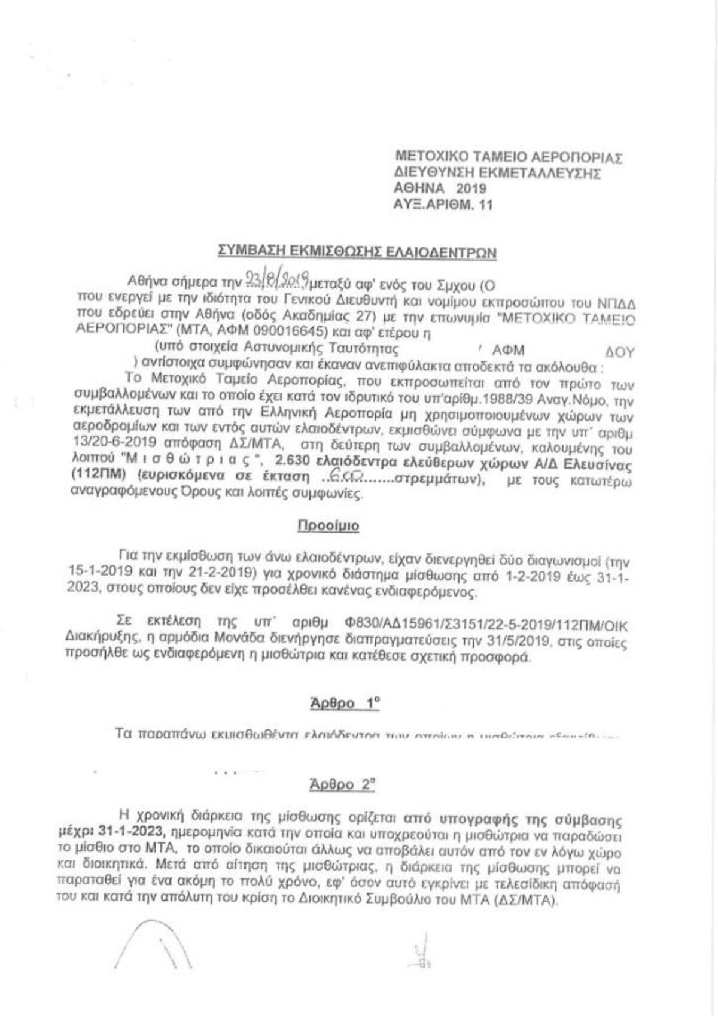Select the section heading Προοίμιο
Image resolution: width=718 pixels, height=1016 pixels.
[328, 526]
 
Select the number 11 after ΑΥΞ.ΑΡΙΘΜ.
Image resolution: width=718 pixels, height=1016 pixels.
[486, 205]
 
